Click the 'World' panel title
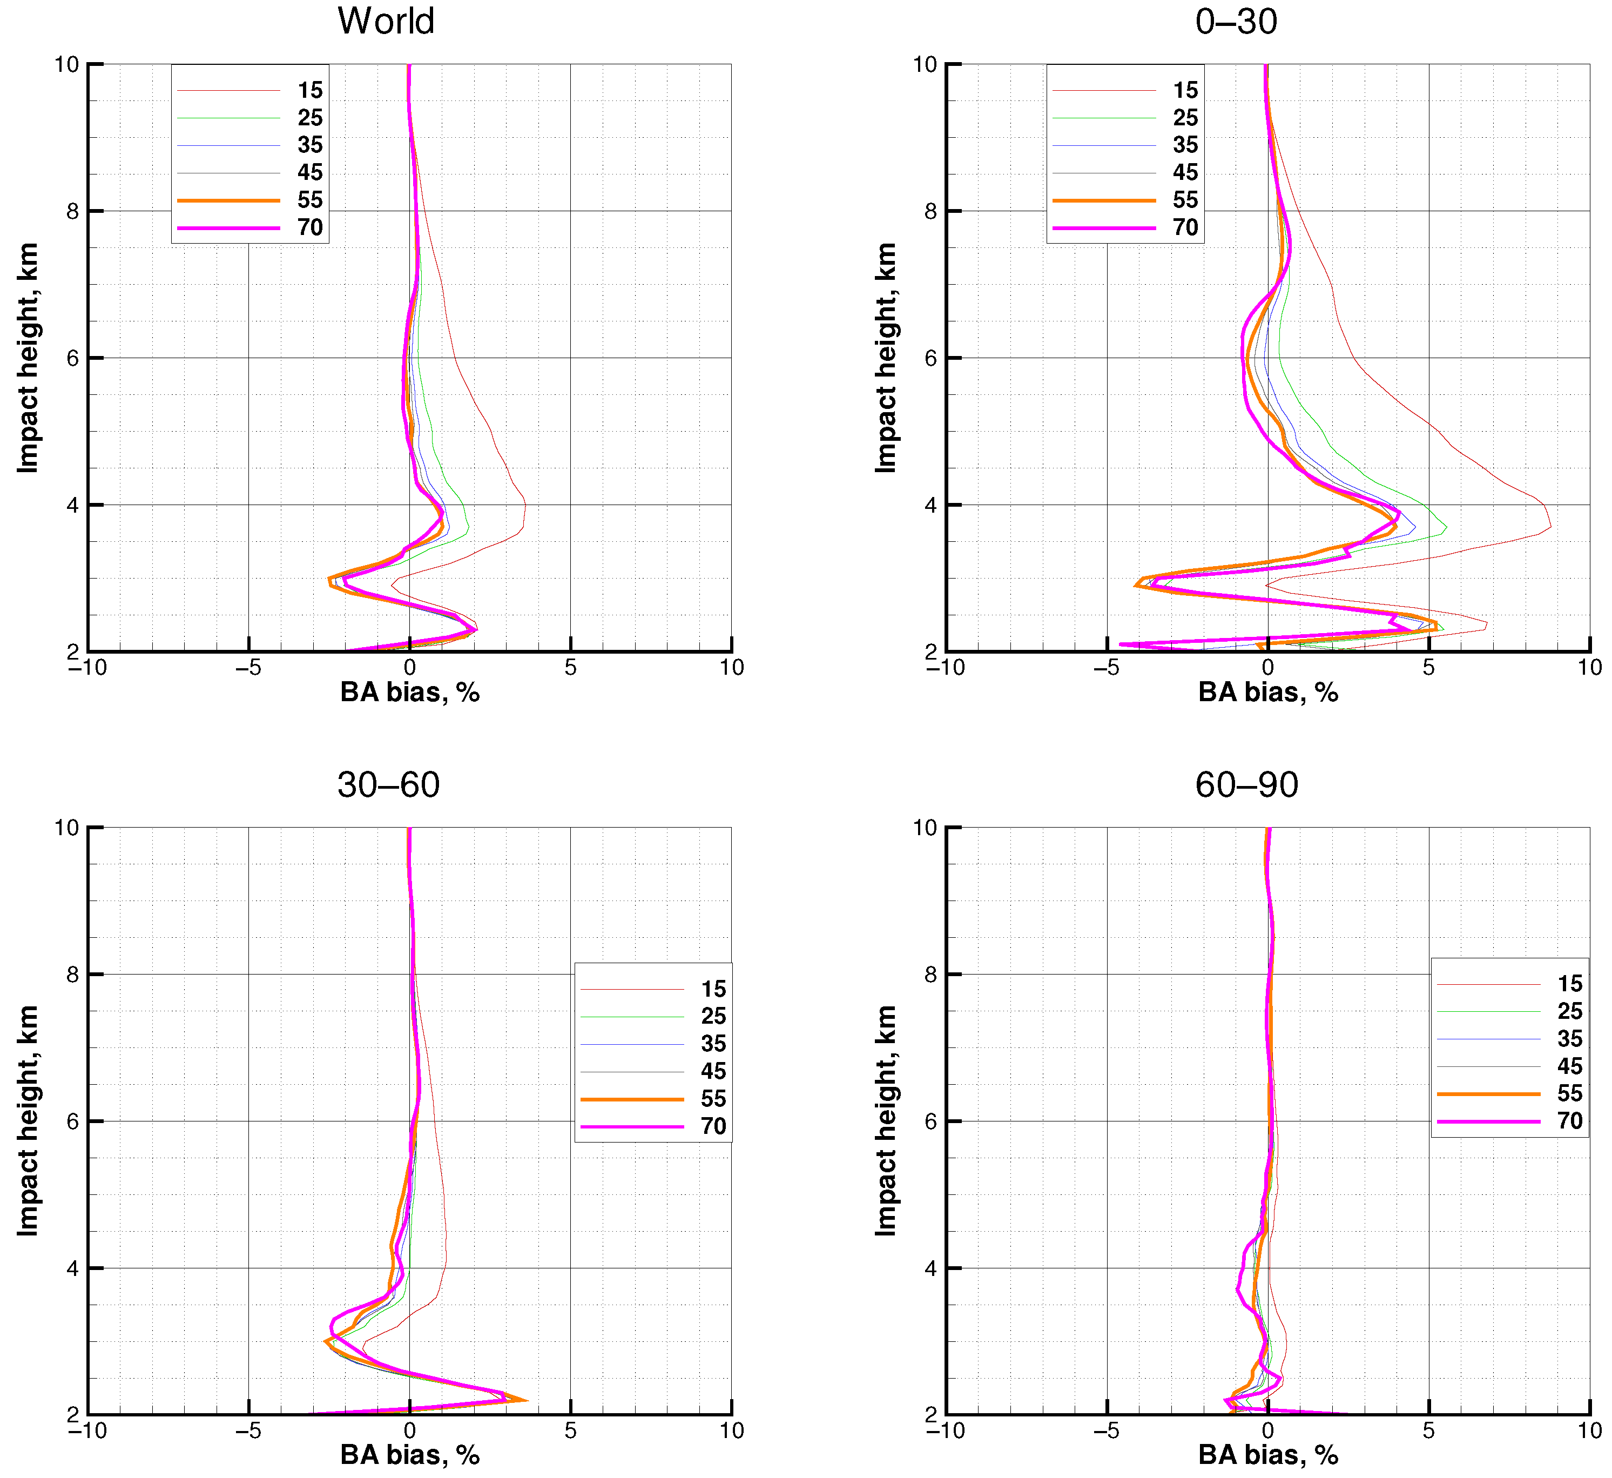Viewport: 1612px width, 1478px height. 386,21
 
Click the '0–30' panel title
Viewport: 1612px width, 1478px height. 1236,21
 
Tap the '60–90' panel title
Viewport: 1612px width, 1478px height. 1246,784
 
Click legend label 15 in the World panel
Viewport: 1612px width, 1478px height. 309,90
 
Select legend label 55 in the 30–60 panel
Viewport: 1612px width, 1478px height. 713,1098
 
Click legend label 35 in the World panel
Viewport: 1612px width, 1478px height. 309,145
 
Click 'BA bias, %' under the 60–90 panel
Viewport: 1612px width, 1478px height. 1267,1455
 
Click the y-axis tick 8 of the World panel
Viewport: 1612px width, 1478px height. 73,211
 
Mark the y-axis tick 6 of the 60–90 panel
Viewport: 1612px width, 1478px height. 930,1121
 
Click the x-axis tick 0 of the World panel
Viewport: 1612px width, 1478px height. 409,668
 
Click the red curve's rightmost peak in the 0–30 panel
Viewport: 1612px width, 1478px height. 1550,526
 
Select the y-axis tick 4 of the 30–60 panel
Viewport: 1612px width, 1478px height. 73,1268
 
